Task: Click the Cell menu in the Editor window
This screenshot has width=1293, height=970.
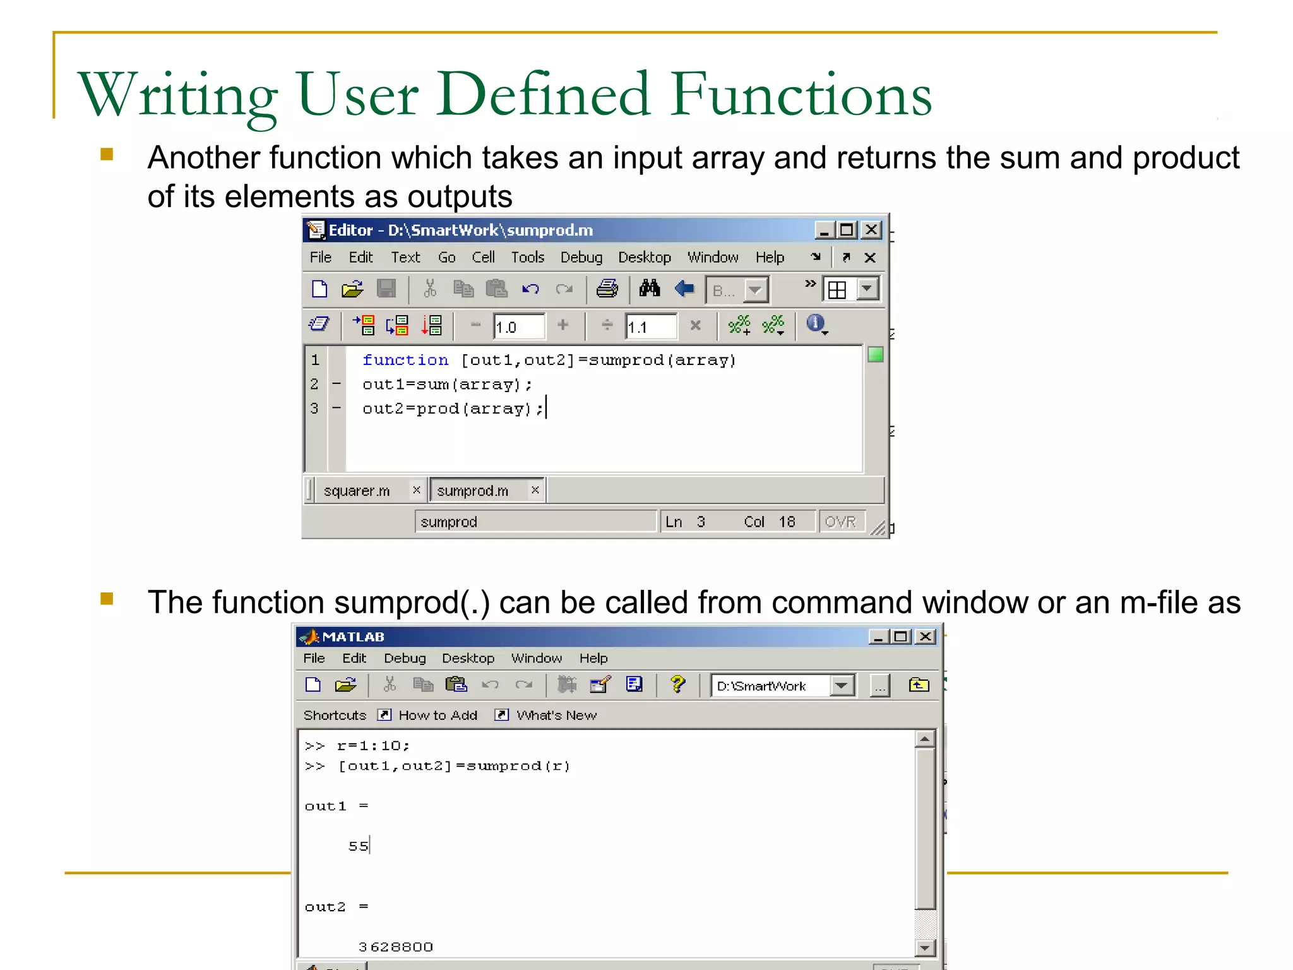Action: pyautogui.click(x=483, y=257)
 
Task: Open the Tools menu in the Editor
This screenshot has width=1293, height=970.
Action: pyautogui.click(x=527, y=257)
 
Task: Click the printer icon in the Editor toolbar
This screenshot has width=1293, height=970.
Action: pyautogui.click(x=607, y=289)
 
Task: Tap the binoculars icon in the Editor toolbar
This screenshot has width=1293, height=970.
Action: pyautogui.click(x=649, y=289)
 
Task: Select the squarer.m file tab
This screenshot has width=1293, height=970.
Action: pyautogui.click(x=357, y=491)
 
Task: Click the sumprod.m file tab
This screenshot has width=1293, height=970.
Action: pyautogui.click(x=472, y=491)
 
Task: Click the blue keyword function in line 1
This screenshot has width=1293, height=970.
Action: pyautogui.click(x=405, y=360)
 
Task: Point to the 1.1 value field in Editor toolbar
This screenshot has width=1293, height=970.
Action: pyautogui.click(x=650, y=326)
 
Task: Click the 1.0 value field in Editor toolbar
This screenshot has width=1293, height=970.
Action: pyautogui.click(x=518, y=326)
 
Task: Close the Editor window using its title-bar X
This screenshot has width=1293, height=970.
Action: pyautogui.click(x=871, y=230)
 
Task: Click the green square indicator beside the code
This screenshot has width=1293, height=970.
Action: pyautogui.click(x=875, y=355)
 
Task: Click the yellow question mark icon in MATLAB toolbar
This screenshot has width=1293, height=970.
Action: pyautogui.click(x=677, y=685)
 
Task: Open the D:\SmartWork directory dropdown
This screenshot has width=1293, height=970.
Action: pyautogui.click(x=842, y=686)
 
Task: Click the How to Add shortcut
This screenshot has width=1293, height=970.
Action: pyautogui.click(x=438, y=715)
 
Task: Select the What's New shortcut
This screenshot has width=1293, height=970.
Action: pyautogui.click(x=556, y=715)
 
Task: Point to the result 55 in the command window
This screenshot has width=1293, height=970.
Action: pyautogui.click(x=358, y=846)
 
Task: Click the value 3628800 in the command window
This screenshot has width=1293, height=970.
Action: pyautogui.click(x=396, y=947)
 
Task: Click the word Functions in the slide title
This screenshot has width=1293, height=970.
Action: pyautogui.click(x=801, y=95)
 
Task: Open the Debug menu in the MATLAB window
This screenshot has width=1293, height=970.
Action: pyautogui.click(x=405, y=658)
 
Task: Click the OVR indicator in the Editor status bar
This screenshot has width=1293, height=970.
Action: pyautogui.click(x=840, y=522)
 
